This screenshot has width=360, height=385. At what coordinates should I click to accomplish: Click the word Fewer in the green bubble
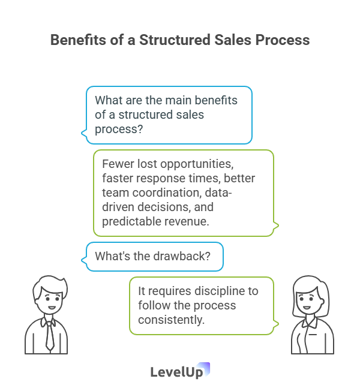click(116, 164)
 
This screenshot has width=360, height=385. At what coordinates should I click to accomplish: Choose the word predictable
click(131, 222)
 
